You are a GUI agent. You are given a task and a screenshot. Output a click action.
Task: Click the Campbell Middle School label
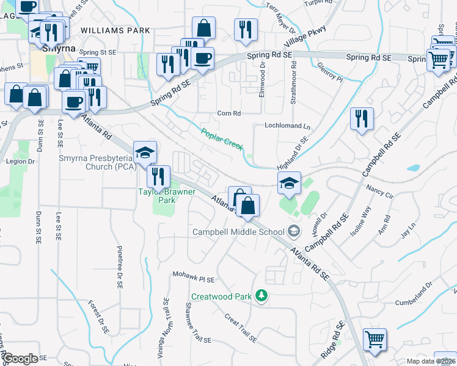tap(238, 231)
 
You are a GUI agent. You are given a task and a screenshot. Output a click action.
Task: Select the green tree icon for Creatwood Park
tap(261, 296)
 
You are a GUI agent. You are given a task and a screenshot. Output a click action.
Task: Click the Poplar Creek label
tap(223, 138)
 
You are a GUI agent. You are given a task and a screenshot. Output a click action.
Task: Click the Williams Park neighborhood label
tap(114, 30)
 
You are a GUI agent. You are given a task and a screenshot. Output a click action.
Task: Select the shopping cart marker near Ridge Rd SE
tap(375, 340)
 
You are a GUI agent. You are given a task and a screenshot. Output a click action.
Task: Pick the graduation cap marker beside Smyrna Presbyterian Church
tap(145, 152)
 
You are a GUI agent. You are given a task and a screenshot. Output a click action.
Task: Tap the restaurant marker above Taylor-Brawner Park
tap(158, 176)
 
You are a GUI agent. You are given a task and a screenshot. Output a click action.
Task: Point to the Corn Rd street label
tap(230, 113)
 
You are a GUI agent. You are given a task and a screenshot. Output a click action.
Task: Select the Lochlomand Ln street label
tap(287, 126)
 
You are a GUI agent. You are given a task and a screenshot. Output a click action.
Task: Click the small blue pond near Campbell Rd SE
tap(414, 167)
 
